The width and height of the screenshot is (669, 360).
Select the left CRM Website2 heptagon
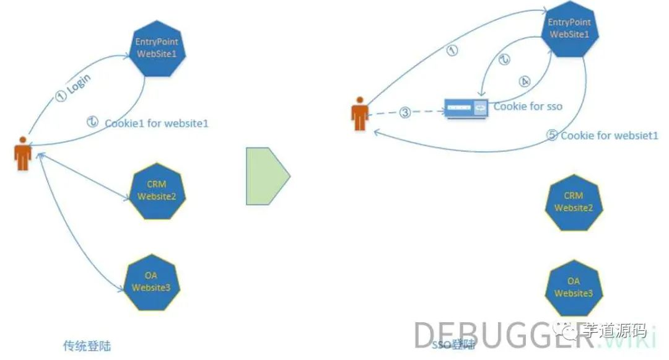pyautogui.click(x=158, y=191)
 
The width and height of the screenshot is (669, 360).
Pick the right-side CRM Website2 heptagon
pyautogui.click(x=574, y=202)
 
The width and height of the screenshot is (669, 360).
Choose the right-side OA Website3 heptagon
pyautogui.click(x=574, y=287)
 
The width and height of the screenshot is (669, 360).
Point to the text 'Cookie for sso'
pyautogui.click(x=528, y=107)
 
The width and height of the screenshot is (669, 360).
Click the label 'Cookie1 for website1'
pyautogui.click(x=157, y=123)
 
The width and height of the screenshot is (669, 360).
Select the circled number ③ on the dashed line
pyautogui.click(x=404, y=112)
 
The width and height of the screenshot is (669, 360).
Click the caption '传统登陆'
pyautogui.click(x=87, y=345)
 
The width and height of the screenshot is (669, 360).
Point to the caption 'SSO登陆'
pyautogui.click(x=447, y=345)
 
